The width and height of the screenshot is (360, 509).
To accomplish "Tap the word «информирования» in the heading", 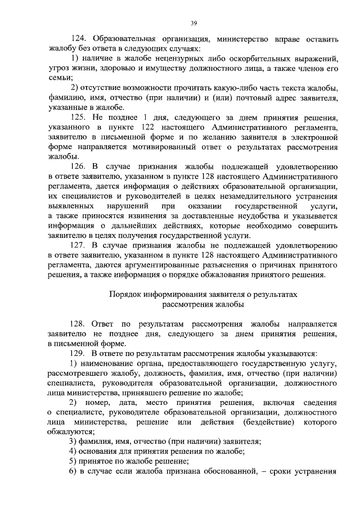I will click(x=181, y=295).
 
